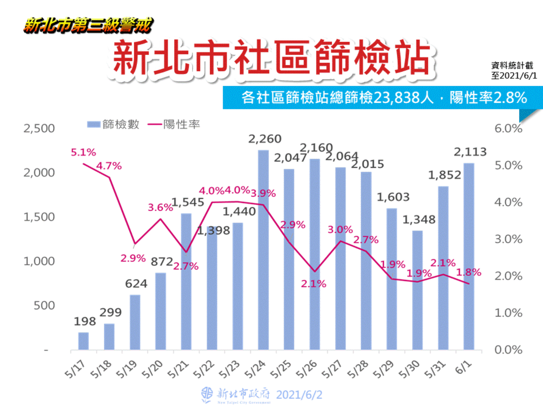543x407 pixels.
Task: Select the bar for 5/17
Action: coord(83,341)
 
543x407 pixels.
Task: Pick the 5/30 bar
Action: coord(417,290)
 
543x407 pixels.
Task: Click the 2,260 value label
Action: coord(265,139)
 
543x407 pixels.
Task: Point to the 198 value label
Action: coord(85,322)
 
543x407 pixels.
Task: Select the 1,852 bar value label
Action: coord(444,175)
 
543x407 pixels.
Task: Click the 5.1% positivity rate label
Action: coord(83,152)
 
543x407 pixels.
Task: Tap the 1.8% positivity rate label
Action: coord(469,272)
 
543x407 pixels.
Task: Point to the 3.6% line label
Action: coord(160,208)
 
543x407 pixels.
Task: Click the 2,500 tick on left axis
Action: coord(39,128)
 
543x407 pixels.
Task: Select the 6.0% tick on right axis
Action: coord(508,128)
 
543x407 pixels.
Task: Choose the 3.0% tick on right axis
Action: coord(508,239)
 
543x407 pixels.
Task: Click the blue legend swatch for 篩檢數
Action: coord(94,124)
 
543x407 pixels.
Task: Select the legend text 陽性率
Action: coord(181,124)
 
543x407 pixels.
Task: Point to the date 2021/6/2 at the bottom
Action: coord(299,395)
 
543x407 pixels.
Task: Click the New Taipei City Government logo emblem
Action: coord(207,394)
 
